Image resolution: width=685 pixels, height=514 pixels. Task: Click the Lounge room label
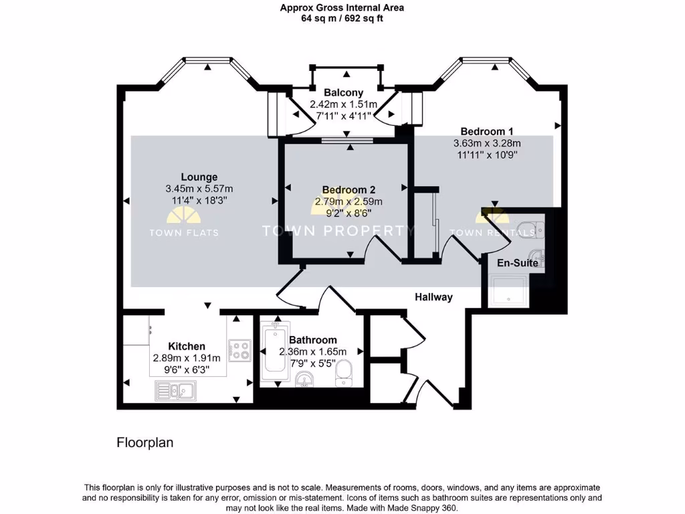coord(199,177)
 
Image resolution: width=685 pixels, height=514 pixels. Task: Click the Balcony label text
coord(343,92)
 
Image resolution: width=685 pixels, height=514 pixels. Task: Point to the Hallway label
coord(433,297)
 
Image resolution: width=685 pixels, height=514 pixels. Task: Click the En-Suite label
coord(517,263)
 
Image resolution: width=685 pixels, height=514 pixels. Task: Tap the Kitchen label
coord(187,346)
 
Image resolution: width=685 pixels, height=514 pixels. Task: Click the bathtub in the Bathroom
coord(274,352)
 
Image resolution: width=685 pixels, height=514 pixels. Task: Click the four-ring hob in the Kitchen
coord(239,351)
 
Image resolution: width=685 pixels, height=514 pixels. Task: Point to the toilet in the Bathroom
coord(344,373)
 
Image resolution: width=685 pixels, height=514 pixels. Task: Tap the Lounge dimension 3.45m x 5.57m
coord(199,189)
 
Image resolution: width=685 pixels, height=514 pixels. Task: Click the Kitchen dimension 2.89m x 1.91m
coord(187,358)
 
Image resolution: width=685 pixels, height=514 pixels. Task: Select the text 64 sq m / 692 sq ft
coord(342,19)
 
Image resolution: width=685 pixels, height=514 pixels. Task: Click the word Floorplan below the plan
coord(145,442)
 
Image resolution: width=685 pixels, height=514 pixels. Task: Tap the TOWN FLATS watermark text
coord(183,233)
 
